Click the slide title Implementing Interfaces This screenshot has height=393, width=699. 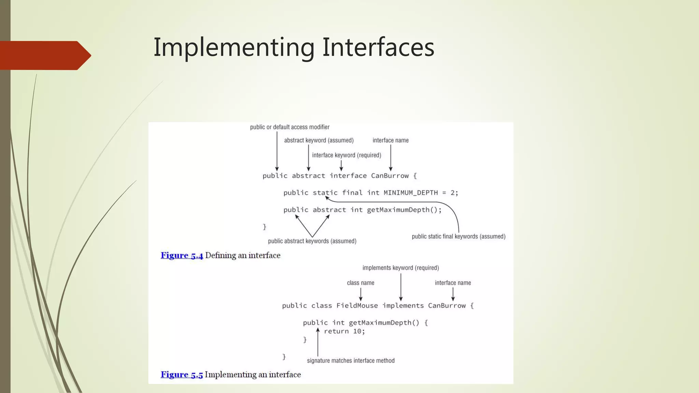point(294,47)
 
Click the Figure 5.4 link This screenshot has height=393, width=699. point(182,256)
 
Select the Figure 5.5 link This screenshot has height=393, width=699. point(182,375)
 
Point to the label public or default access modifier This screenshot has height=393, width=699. point(289,127)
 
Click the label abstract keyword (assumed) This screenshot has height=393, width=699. point(318,140)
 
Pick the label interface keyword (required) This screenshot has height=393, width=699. point(346,155)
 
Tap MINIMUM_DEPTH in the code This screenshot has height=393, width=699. point(411,193)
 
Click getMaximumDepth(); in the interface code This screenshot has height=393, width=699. point(404,210)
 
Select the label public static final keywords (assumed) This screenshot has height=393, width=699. point(458,236)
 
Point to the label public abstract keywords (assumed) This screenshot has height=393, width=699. point(312,241)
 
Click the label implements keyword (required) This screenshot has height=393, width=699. point(400,268)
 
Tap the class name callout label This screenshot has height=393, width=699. point(360,283)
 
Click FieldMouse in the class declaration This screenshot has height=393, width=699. point(357,306)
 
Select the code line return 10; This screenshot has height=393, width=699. point(344,331)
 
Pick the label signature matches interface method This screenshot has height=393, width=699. point(351,361)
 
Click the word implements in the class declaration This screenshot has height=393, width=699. point(403,306)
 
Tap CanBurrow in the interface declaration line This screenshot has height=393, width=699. point(389,176)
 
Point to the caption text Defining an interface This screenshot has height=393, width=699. point(243,256)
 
